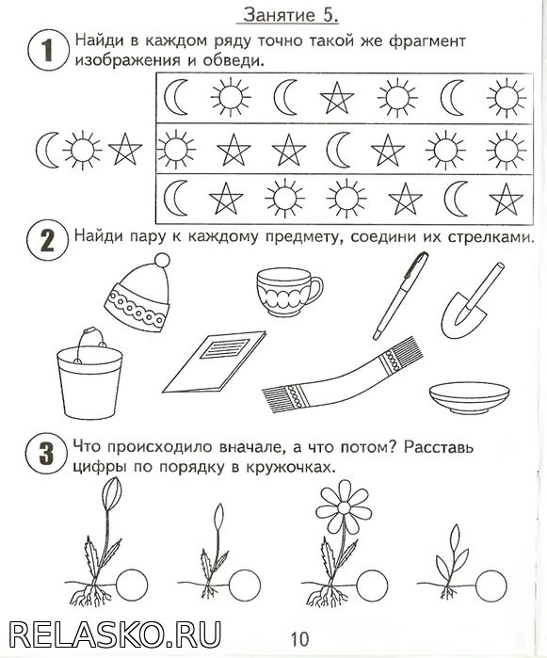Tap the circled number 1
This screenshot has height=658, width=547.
click(47, 50)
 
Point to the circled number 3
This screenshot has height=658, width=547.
click(46, 454)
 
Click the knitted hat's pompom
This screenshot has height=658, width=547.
click(162, 260)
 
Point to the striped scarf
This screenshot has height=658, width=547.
click(343, 375)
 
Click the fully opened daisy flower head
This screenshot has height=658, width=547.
click(344, 507)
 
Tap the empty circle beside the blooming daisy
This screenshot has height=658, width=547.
click(373, 585)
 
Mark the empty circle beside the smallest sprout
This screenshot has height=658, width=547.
click(491, 585)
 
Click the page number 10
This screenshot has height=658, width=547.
click(299, 639)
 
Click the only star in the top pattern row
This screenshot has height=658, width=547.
click(337, 98)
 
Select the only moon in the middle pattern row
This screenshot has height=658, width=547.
click(339, 149)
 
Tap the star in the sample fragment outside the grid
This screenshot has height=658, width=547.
click(125, 149)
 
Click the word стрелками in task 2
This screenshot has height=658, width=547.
click(491, 237)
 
